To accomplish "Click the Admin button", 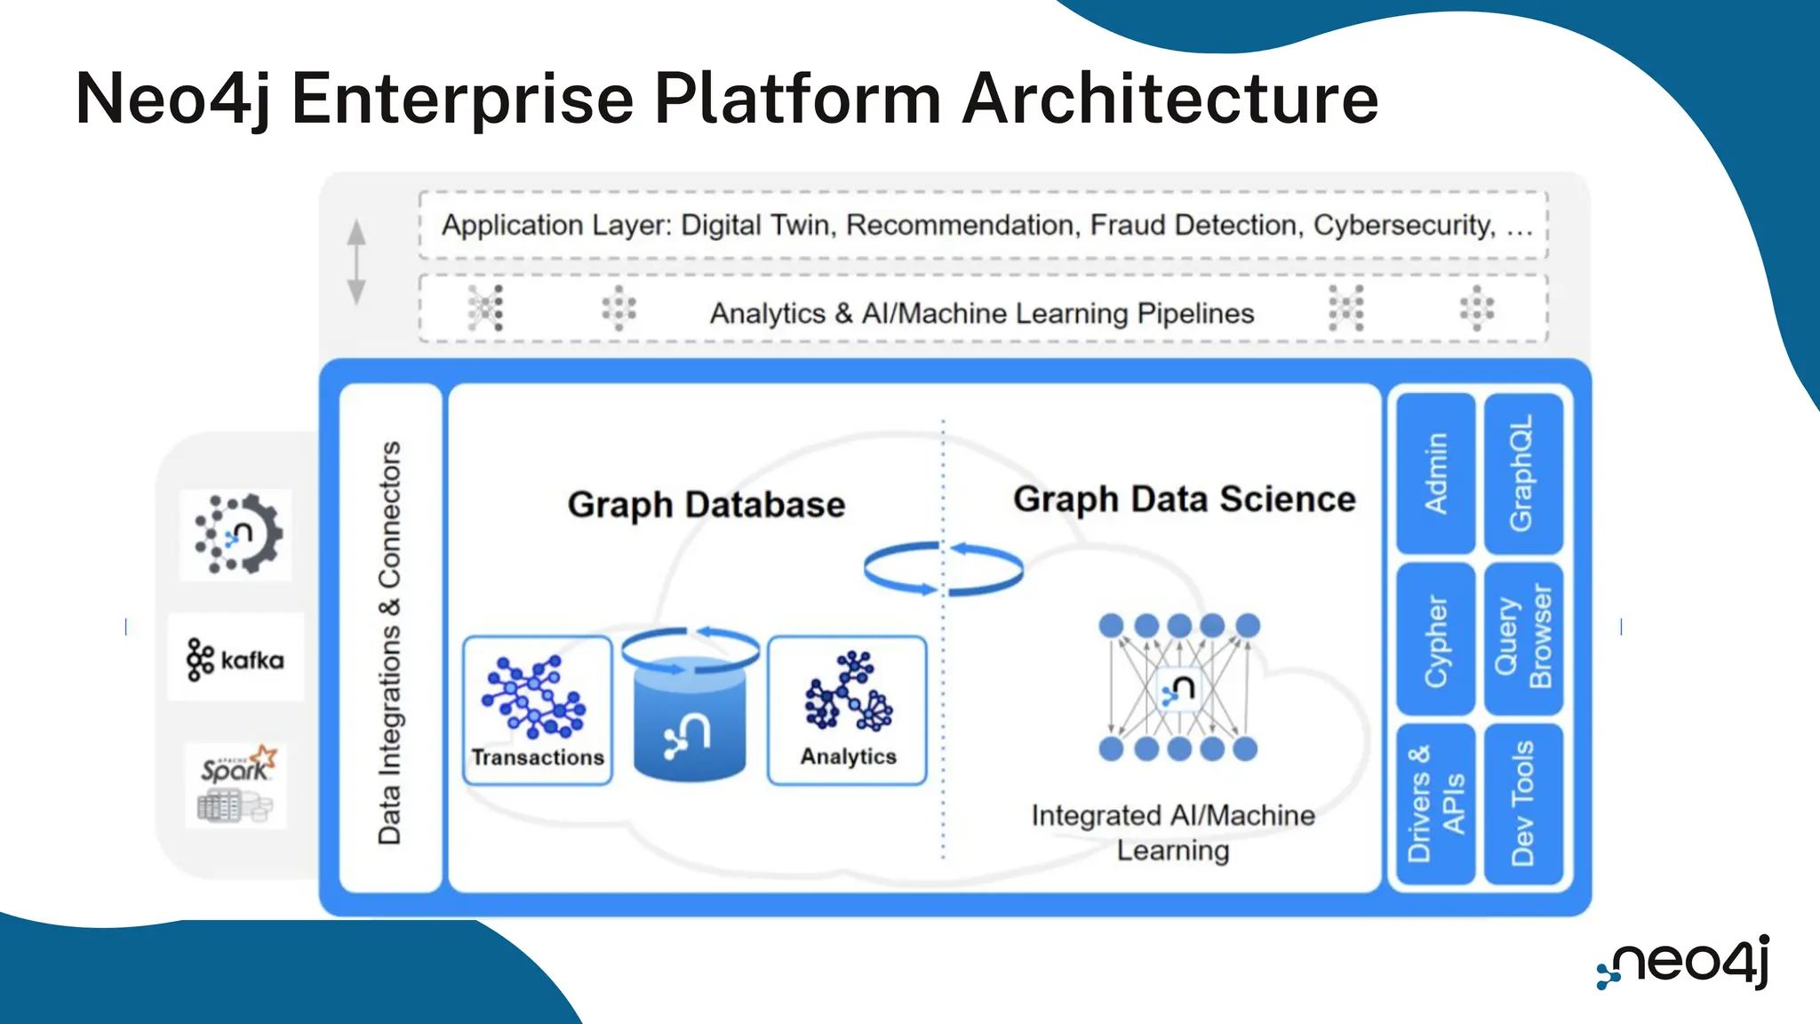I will pyautogui.click(x=1435, y=473).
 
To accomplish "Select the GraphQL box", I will pyautogui.click(x=1522, y=473).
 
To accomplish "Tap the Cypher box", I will pyautogui.click(x=1435, y=639).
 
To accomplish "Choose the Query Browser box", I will pyautogui.click(x=1522, y=639).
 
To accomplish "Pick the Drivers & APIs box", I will pyautogui.click(x=1435, y=804).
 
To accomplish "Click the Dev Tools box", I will pyautogui.click(x=1522, y=804).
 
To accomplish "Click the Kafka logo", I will pyautogui.click(x=235, y=659).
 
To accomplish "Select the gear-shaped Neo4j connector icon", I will pyautogui.click(x=236, y=534).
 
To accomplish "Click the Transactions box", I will pyautogui.click(x=538, y=710).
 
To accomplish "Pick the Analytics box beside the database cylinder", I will pyautogui.click(x=847, y=710).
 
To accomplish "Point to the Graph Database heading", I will pyautogui.click(x=706, y=505).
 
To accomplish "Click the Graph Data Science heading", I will pyautogui.click(x=1184, y=500).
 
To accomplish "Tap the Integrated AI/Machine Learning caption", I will pyautogui.click(x=1173, y=832).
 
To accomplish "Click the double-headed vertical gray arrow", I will pyautogui.click(x=356, y=262).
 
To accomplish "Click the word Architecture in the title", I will pyautogui.click(x=1170, y=99).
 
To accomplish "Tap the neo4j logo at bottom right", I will pyautogui.click(x=1683, y=963).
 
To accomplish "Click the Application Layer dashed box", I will pyautogui.click(x=983, y=225).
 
